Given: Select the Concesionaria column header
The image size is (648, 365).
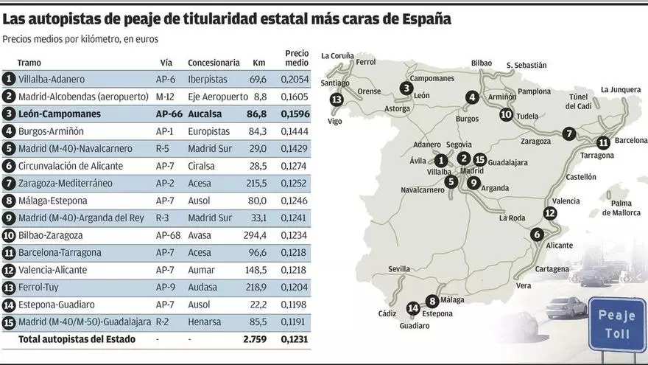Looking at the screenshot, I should click(x=214, y=63).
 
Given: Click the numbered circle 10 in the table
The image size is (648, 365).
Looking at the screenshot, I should click(x=9, y=235).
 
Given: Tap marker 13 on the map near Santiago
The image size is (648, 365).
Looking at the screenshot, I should click(x=337, y=100).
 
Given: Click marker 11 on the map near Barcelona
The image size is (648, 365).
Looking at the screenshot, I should click(x=603, y=143).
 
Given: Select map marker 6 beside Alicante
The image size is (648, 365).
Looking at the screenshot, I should click(x=536, y=234).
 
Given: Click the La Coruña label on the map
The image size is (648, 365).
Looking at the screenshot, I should click(x=337, y=55).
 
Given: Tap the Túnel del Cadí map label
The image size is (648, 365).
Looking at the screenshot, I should click(x=578, y=101).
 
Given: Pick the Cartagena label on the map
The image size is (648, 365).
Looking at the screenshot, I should click(x=552, y=269).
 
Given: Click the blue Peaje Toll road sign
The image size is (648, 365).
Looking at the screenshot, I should click(x=617, y=324).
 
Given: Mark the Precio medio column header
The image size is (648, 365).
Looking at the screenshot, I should click(x=296, y=58).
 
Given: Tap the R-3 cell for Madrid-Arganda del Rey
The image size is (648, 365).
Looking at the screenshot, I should click(x=164, y=218).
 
